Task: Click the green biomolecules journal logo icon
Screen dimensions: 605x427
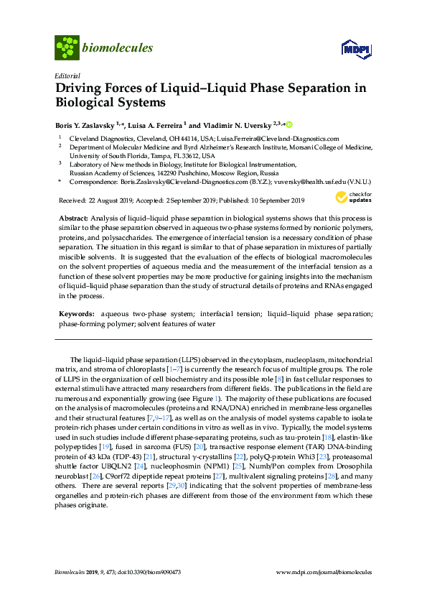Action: pos(67,47)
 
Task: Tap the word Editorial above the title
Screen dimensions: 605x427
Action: pos(67,75)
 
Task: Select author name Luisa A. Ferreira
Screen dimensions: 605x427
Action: pos(157,124)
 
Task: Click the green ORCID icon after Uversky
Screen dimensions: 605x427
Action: pos(289,124)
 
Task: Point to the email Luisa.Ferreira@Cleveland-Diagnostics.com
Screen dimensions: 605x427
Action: pos(279,138)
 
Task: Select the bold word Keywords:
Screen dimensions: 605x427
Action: pos(78,314)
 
